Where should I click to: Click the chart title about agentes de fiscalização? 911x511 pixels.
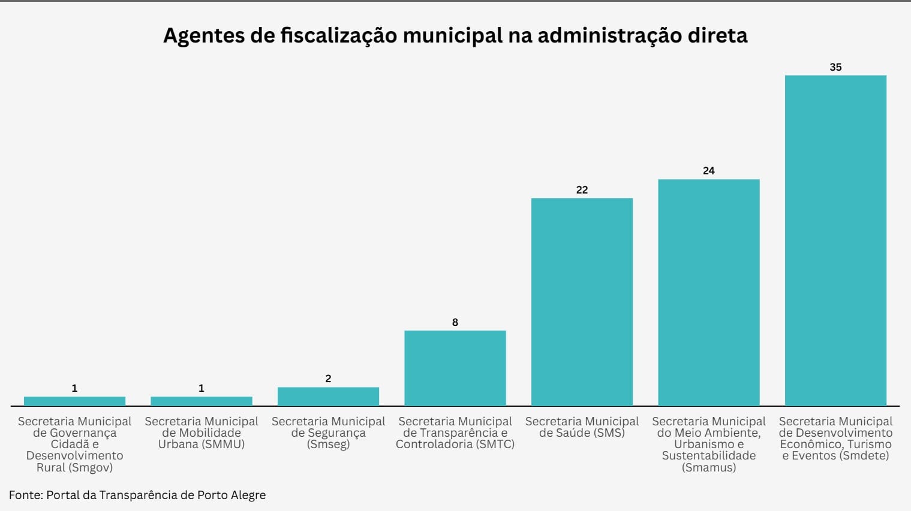click(455, 36)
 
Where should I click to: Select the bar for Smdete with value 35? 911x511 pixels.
click(835, 240)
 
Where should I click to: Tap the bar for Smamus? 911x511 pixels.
click(708, 292)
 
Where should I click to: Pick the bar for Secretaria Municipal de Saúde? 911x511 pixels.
click(582, 302)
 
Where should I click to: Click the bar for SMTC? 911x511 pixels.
click(455, 368)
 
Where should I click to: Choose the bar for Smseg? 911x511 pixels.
click(328, 397)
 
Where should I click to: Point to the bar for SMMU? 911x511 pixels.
click(201, 401)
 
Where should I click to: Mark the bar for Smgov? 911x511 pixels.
click(74, 401)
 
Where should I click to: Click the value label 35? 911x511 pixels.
click(835, 67)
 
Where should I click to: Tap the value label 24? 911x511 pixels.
click(708, 171)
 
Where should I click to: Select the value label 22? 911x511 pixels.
click(582, 190)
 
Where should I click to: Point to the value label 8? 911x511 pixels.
click(455, 322)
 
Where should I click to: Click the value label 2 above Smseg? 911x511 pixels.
click(328, 379)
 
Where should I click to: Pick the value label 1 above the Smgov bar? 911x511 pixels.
click(74, 388)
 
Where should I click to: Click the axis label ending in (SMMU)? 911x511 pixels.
click(201, 433)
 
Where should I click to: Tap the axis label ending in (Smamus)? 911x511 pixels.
click(708, 444)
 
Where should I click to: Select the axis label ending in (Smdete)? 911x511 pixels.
click(835, 439)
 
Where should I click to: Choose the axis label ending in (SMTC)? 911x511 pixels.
click(455, 433)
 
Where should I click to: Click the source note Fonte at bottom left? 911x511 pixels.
click(137, 495)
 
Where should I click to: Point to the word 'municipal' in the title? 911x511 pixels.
click(453, 36)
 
